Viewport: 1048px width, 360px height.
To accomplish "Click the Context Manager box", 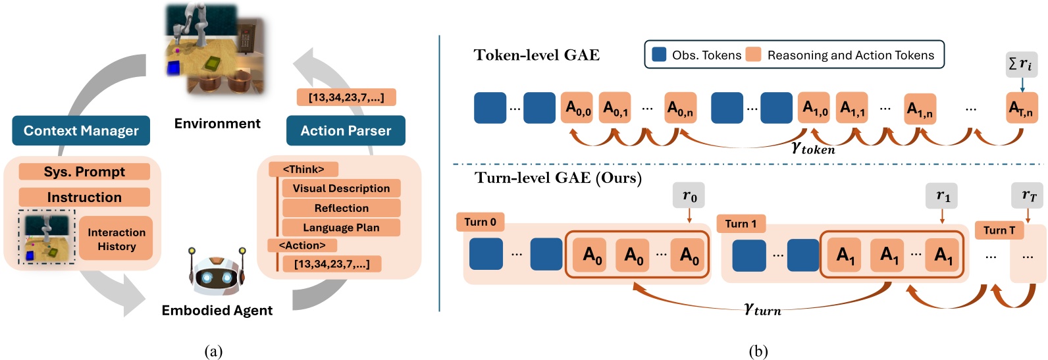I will pyautogui.click(x=81, y=131).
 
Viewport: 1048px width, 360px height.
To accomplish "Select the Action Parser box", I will pyautogui.click(x=346, y=131).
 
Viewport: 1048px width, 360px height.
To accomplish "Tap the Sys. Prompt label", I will pyautogui.click(x=84, y=172).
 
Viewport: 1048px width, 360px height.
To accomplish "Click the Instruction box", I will pyautogui.click(x=84, y=197).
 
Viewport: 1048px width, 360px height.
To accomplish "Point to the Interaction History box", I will pyautogui.click(x=117, y=239).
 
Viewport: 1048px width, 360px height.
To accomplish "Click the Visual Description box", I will pyautogui.click(x=341, y=188).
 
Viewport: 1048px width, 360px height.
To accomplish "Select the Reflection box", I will pyautogui.click(x=341, y=208).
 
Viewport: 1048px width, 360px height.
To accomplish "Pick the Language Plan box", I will pyautogui.click(x=341, y=228).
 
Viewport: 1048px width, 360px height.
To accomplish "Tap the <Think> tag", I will pyautogui.click(x=303, y=170).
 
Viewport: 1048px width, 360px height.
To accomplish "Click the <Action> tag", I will pyautogui.click(x=302, y=245).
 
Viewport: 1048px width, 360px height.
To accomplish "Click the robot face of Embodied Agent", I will pyautogui.click(x=217, y=276).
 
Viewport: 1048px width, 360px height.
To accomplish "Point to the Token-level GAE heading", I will pyautogui.click(x=537, y=55).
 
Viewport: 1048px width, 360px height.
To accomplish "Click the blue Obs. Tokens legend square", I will pyautogui.click(x=659, y=55).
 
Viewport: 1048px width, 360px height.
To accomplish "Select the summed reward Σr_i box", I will pyautogui.click(x=1021, y=64).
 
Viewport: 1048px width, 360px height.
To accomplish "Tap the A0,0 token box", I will pyautogui.click(x=578, y=108).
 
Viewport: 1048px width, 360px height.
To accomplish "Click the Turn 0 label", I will pyautogui.click(x=480, y=222).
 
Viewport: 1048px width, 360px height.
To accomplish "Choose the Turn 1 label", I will pyautogui.click(x=741, y=224).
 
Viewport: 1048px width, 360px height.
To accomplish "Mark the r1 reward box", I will pyautogui.click(x=943, y=196).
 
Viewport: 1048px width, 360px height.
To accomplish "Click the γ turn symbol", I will pyautogui.click(x=762, y=309).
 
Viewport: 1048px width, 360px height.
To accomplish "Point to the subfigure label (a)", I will pyautogui.click(x=213, y=351).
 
